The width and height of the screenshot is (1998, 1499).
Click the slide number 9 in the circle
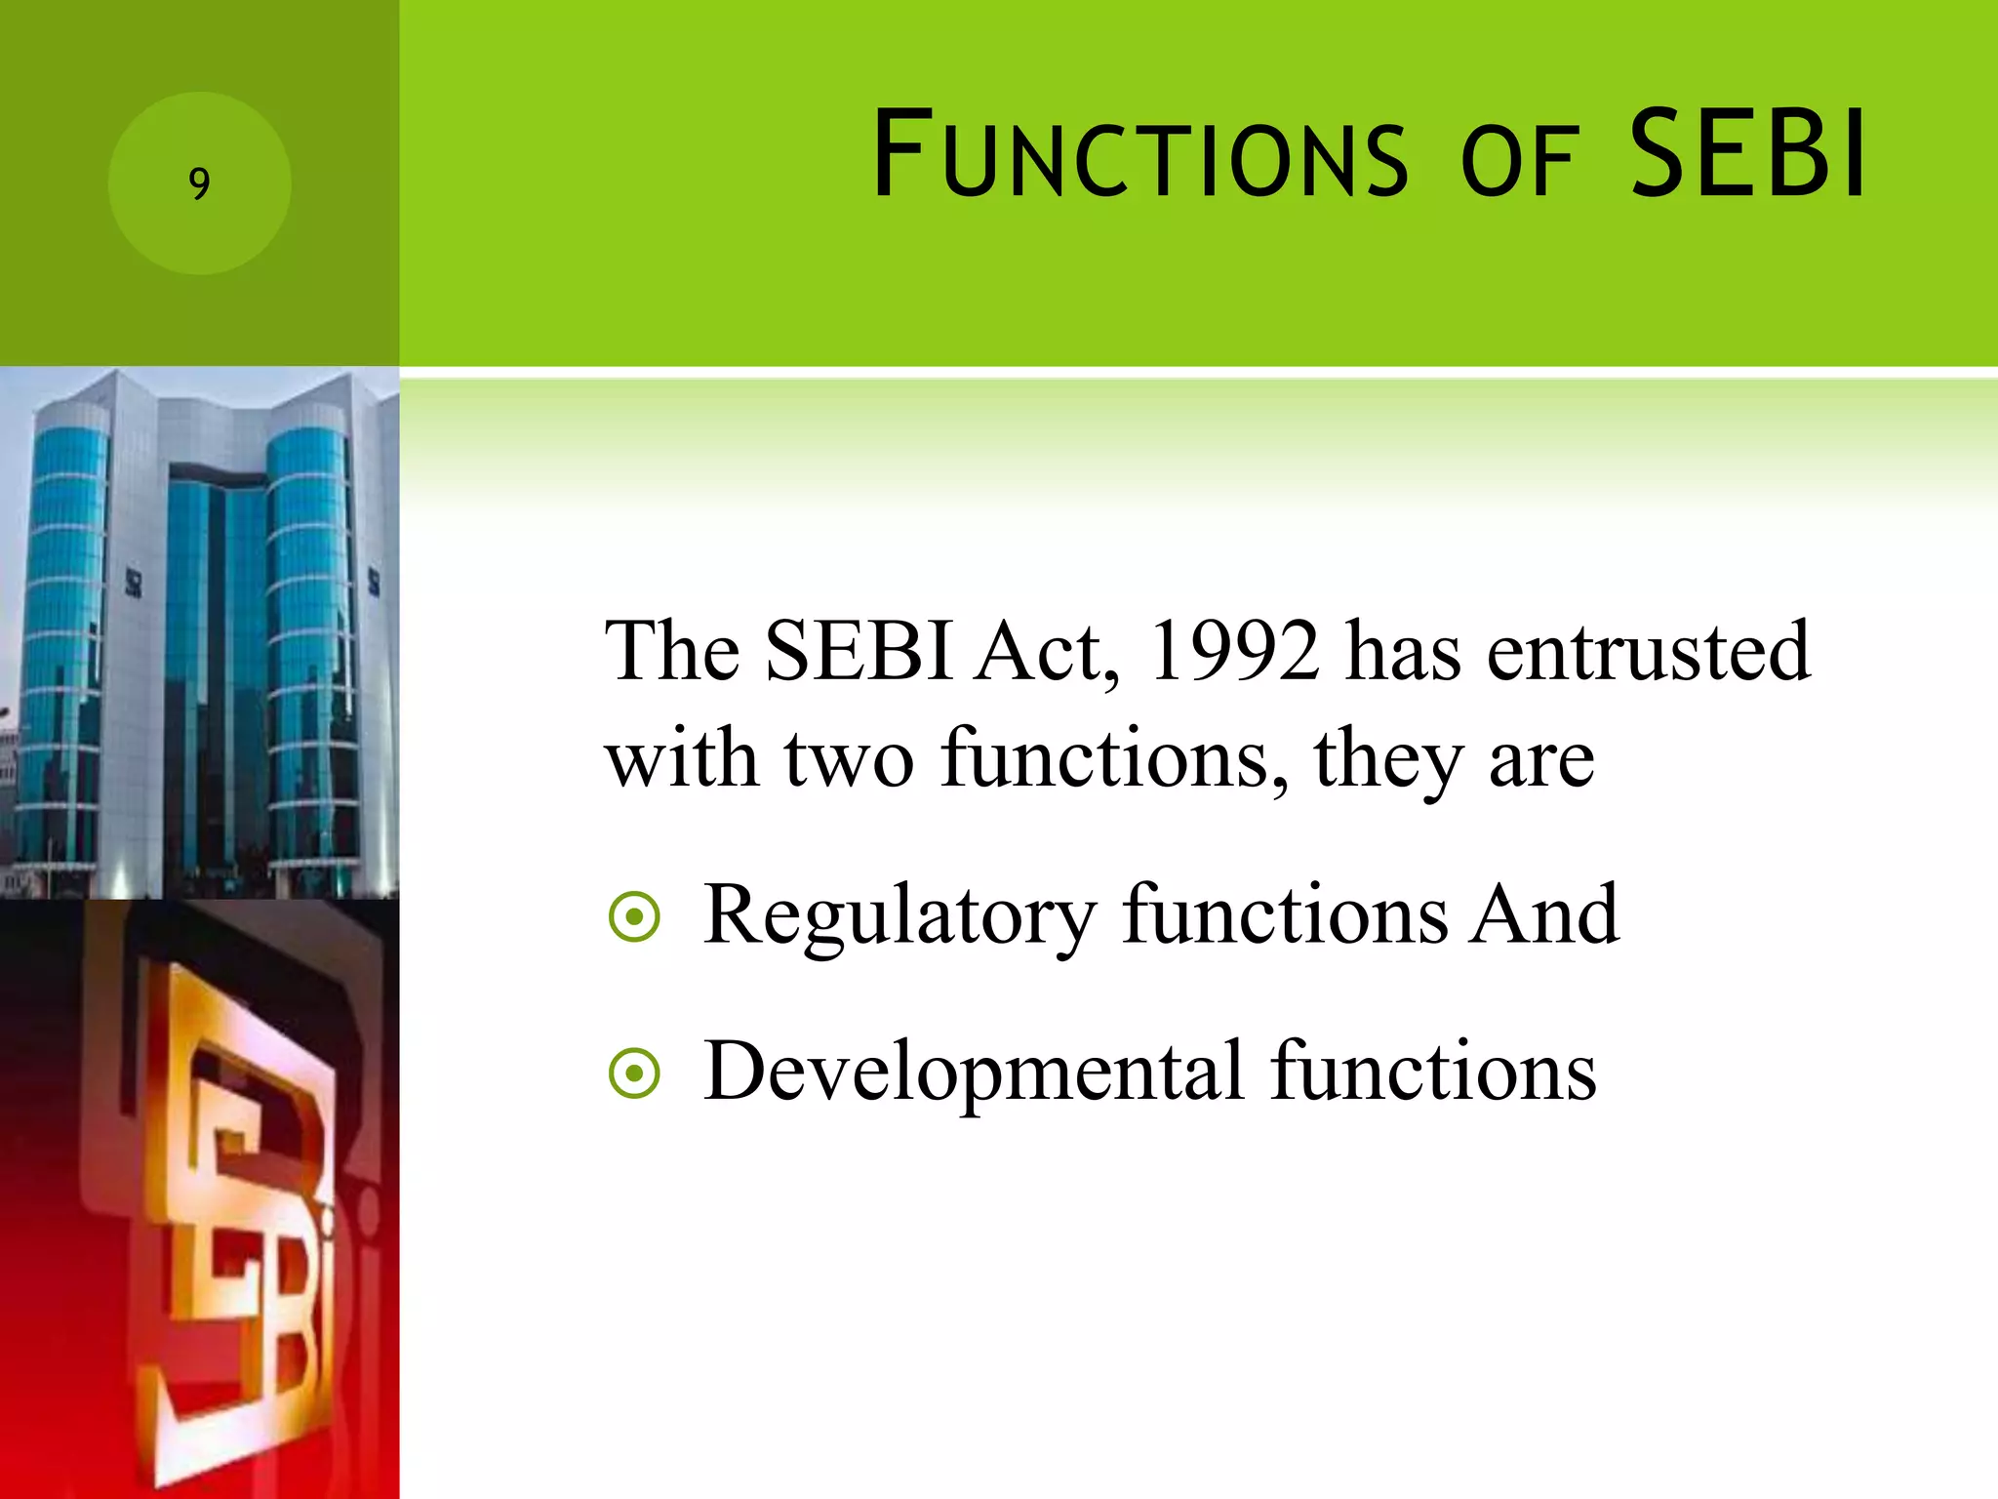[199, 183]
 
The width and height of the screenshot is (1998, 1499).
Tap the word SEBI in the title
[1748, 154]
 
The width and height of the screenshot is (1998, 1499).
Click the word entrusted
[1648, 651]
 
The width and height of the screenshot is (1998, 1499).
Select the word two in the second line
[848, 758]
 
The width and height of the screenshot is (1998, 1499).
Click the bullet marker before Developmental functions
[634, 1074]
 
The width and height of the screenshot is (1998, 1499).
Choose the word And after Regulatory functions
[1545, 914]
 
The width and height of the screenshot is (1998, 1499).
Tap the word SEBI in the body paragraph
[859, 651]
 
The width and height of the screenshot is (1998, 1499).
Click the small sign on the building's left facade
[135, 583]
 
